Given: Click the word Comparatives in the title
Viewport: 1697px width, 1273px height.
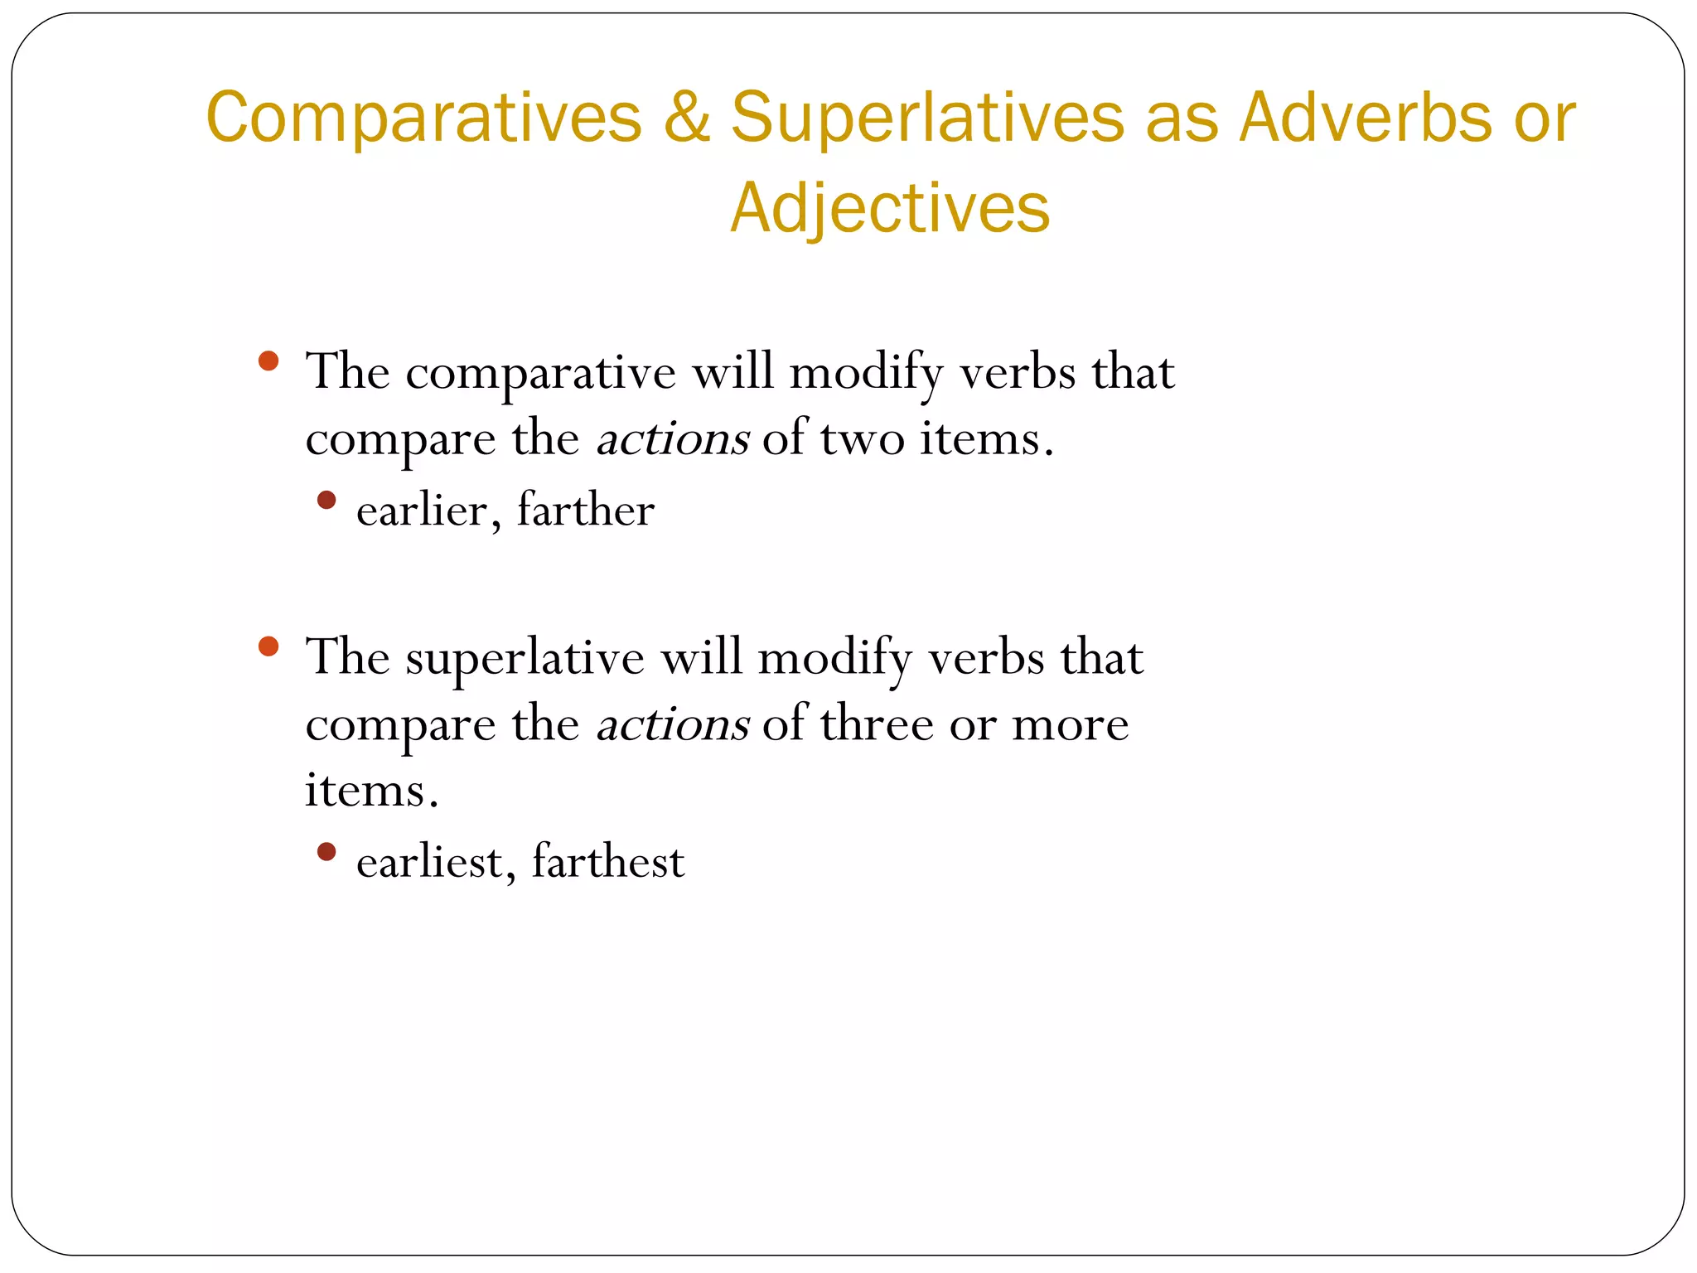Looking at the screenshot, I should [x=423, y=119].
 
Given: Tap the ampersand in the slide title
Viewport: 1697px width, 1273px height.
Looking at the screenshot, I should [x=686, y=119].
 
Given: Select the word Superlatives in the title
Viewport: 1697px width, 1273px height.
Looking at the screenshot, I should [x=927, y=119].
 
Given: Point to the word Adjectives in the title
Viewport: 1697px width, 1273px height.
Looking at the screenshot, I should [x=890, y=208].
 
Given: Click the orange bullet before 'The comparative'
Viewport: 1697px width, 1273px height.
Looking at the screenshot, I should [x=268, y=361].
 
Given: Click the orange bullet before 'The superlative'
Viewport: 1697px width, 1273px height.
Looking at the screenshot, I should [x=268, y=646].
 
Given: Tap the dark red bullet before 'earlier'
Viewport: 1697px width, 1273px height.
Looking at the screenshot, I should [x=326, y=500].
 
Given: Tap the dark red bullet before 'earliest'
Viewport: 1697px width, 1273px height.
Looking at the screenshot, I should [x=326, y=852].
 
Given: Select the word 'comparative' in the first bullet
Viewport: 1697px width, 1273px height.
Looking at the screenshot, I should [x=540, y=373].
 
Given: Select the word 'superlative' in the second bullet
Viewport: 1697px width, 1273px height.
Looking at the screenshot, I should [x=525, y=659].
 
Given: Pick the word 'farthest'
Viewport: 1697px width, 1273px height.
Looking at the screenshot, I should [x=608, y=862].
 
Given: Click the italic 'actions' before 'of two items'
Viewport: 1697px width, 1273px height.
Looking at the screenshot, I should [x=673, y=439].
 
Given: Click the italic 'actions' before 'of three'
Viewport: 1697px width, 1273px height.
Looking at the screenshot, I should [x=673, y=725].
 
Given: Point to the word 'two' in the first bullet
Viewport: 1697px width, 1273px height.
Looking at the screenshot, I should [x=862, y=439].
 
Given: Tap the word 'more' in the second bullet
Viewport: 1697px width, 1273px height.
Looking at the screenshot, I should [x=1070, y=725].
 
